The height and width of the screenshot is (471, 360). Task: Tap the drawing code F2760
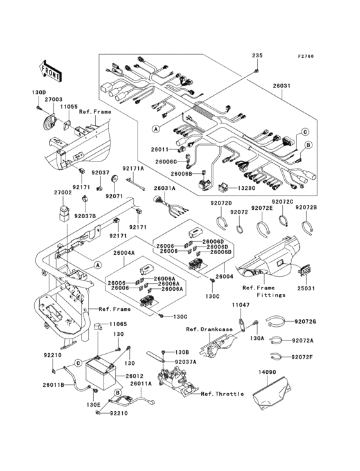(x=306, y=57)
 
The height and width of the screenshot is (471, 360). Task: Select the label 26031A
(x=164, y=189)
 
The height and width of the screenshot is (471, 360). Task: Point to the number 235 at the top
(x=257, y=55)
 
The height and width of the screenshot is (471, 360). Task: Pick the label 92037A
(x=185, y=362)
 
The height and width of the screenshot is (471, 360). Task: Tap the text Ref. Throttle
(x=222, y=393)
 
